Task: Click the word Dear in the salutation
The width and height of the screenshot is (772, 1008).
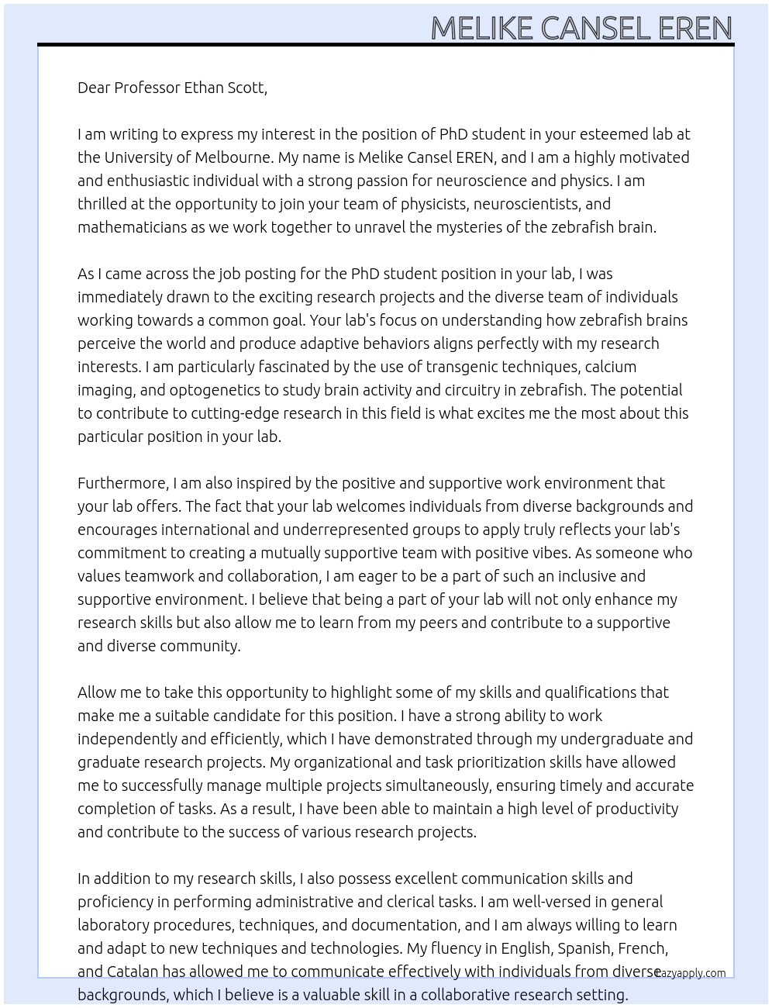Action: point(94,88)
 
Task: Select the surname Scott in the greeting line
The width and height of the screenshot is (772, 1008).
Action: point(246,88)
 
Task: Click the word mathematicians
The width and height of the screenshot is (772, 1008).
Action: point(131,227)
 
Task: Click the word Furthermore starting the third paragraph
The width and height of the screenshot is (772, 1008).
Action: point(122,483)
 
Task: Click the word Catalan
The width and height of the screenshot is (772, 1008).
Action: point(133,972)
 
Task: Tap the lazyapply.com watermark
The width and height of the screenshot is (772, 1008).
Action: point(690,973)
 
